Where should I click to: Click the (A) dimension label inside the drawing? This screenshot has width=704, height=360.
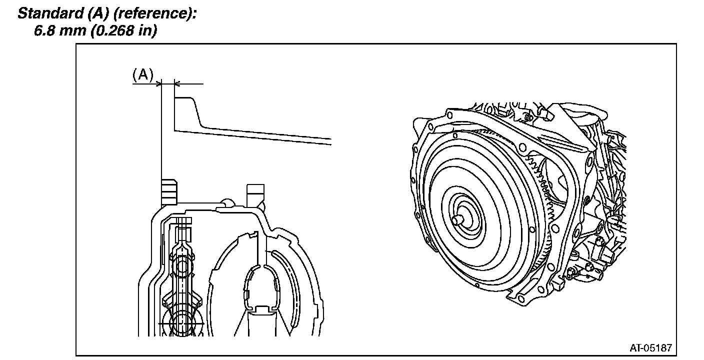coord(142,74)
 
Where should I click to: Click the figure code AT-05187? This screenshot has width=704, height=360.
coord(650,347)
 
